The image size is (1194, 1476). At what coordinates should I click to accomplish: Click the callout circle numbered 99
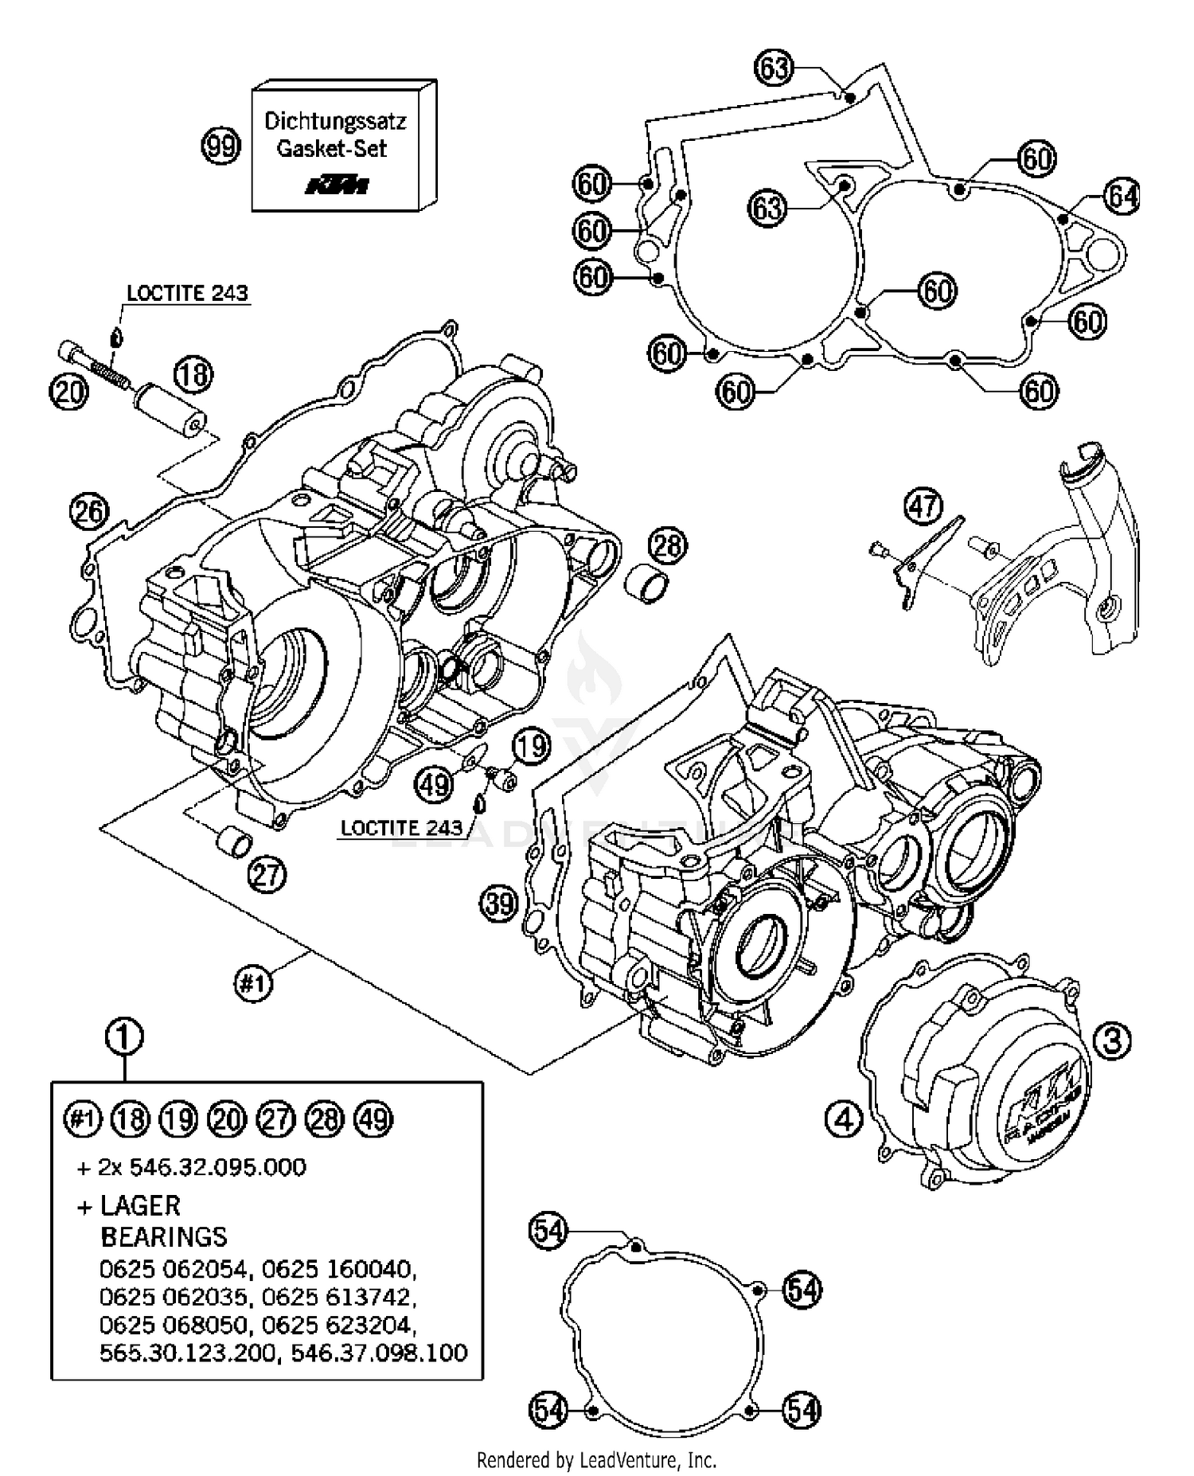[x=220, y=146]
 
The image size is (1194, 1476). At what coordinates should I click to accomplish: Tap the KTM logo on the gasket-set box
[x=338, y=185]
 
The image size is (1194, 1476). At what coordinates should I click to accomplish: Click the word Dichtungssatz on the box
[x=335, y=121]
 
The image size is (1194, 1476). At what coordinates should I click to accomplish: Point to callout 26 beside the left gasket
[x=88, y=511]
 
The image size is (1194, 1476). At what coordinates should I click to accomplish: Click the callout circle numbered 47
[x=923, y=506]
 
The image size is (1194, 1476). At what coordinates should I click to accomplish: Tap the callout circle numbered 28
[x=667, y=545]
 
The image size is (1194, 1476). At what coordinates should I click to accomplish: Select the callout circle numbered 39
[x=499, y=904]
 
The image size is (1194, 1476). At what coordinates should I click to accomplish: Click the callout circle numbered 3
[x=1112, y=1040]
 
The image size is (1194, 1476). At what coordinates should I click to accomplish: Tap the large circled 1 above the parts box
[x=124, y=1037]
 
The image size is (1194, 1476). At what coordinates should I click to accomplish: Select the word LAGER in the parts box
[x=140, y=1205]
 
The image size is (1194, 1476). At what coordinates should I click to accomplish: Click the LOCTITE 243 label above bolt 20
[x=187, y=293]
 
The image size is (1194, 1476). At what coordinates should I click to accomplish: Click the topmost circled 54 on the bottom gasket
[x=548, y=1232]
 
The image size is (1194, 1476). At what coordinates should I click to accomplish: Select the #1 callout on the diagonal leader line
[x=252, y=984]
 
